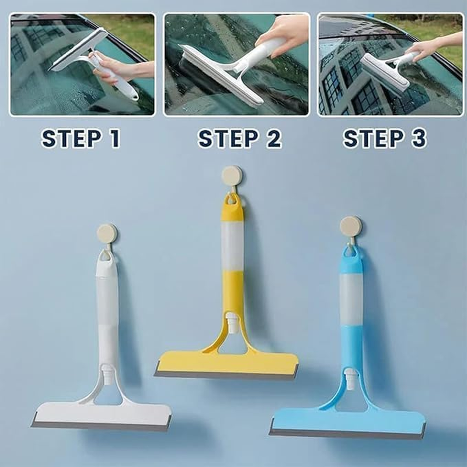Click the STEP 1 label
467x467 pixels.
tap(81, 139)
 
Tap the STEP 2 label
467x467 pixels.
tap(239, 139)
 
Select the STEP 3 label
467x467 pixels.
tap(385, 139)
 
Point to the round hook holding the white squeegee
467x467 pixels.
tap(107, 233)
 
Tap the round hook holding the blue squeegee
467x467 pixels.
tap(351, 226)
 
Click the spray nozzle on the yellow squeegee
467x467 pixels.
tap(232, 322)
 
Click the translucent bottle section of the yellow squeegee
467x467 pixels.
tap(232, 245)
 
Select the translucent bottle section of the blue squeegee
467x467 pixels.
tap(351, 300)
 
